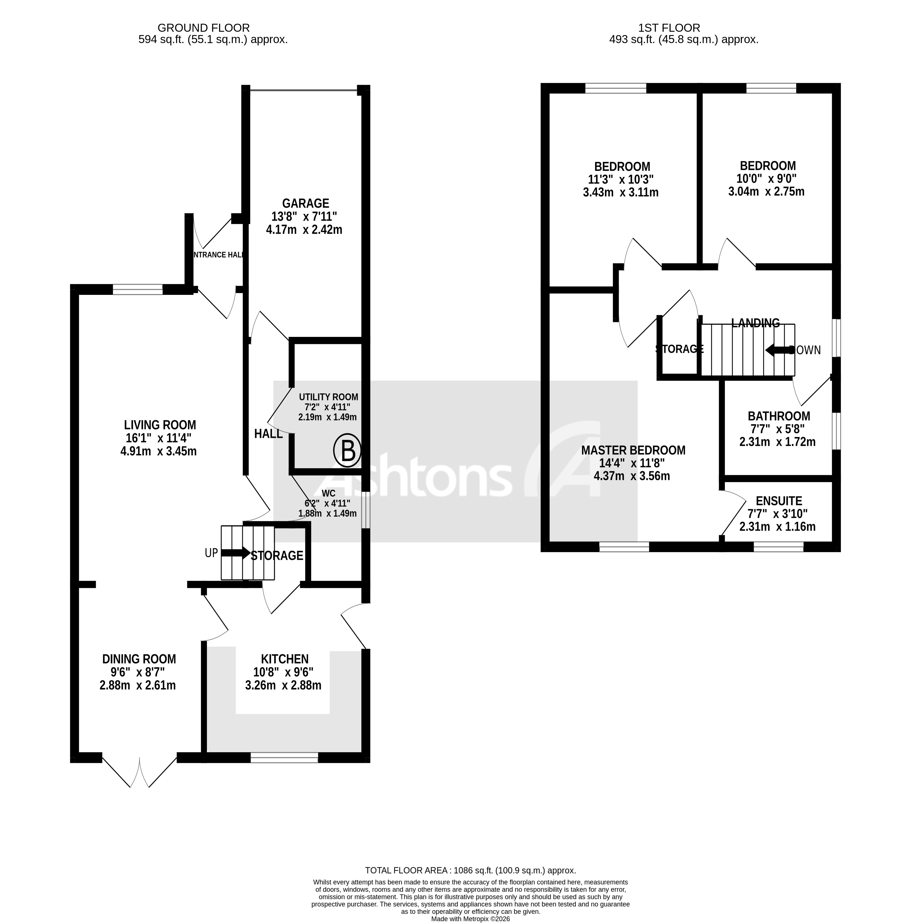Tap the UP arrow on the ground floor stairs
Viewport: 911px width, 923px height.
[x=235, y=553]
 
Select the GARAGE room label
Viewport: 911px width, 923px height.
[x=305, y=204]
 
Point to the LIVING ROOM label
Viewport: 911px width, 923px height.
[x=160, y=425]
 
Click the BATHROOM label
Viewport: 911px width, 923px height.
[x=779, y=416]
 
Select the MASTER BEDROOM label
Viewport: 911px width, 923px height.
[x=633, y=450]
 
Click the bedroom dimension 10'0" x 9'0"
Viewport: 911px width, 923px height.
[x=767, y=179]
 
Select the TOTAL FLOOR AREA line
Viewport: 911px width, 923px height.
[x=470, y=884]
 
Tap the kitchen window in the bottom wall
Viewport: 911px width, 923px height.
[x=284, y=758]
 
